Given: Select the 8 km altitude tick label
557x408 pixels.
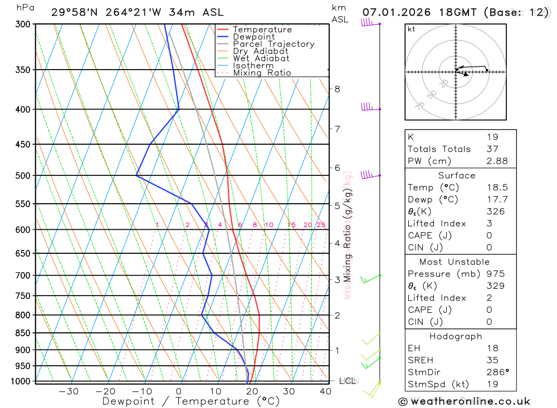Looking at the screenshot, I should pos(337,89).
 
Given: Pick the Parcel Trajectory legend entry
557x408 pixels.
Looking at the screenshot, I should pos(273,44).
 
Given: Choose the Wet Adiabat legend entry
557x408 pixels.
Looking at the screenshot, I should pos(261,58).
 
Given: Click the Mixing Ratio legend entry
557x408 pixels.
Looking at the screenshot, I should pos(262,73).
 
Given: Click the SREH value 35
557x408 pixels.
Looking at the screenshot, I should pos(492,360).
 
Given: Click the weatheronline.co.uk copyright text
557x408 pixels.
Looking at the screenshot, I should pos(464,401).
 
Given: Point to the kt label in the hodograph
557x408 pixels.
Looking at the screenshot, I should pos(412,30).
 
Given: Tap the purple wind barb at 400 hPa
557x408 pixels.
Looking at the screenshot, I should pos(368,107).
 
